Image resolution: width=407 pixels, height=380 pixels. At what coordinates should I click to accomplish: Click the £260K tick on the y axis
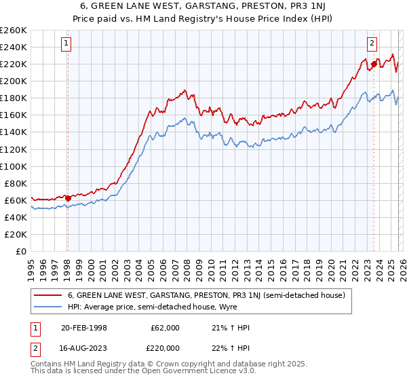click(x=14, y=31)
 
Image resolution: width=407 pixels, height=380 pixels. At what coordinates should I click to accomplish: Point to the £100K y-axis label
click(x=14, y=166)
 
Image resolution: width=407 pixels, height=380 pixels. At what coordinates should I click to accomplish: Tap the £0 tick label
click(x=22, y=251)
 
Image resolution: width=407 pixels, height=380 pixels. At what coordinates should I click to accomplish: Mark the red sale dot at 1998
click(x=68, y=198)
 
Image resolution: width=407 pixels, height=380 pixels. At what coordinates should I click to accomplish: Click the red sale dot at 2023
click(x=373, y=64)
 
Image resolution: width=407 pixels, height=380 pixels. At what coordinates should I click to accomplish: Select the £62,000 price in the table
click(x=166, y=327)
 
